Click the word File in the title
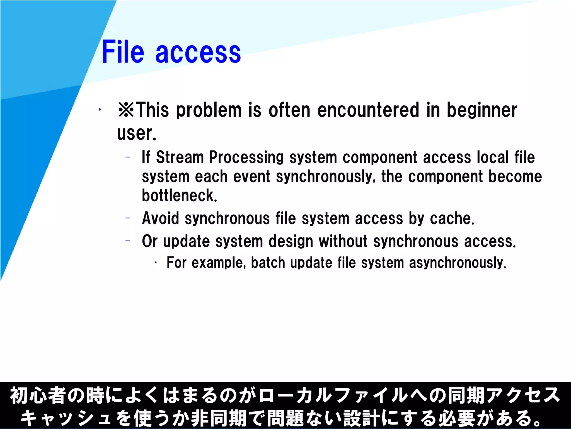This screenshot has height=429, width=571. pyautogui.click(x=123, y=52)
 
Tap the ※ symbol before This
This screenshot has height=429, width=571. pyautogui.click(x=126, y=110)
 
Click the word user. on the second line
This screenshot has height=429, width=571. pyautogui.click(x=136, y=133)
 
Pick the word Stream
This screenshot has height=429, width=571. pyautogui.click(x=180, y=157)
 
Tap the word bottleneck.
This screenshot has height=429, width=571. pyautogui.click(x=179, y=196)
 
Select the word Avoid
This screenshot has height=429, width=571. pyautogui.click(x=160, y=218)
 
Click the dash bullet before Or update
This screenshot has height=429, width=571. pyautogui.click(x=128, y=240)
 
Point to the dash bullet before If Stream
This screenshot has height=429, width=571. pyautogui.click(x=128, y=157)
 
